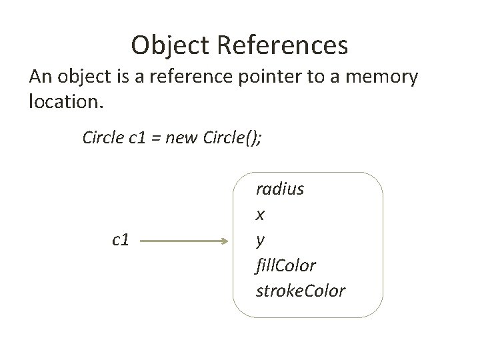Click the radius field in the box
coord(279,189)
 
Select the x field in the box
coord(261,215)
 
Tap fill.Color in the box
coord(285,265)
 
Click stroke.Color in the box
coord(300,291)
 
